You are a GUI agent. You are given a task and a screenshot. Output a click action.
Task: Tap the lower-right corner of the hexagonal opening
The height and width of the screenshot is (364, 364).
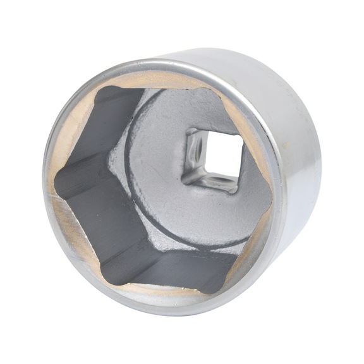[227, 278]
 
